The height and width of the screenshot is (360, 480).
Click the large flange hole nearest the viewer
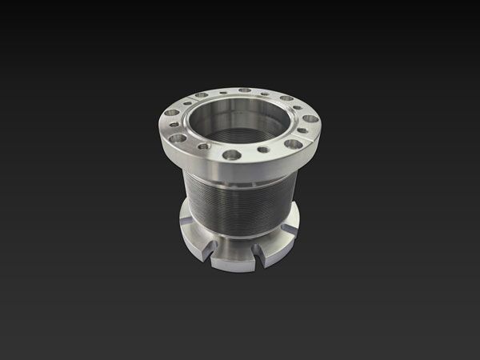tap(231, 154)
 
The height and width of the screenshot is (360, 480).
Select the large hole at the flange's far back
tap(244, 90)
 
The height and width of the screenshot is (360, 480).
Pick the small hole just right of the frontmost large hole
tap(262, 150)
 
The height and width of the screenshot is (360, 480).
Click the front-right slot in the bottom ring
tap(261, 252)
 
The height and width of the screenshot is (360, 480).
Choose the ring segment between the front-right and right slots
tap(280, 244)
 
